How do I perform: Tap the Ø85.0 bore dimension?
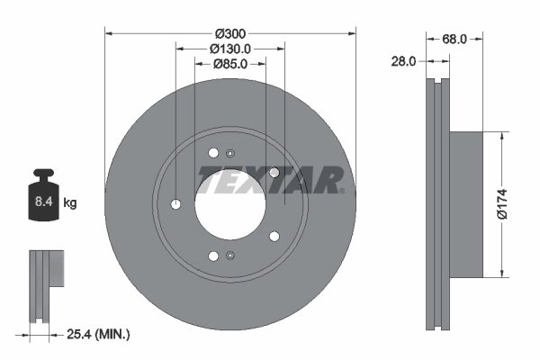230,64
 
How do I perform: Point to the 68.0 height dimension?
454,39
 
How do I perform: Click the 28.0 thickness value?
402,62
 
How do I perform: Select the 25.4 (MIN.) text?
99,335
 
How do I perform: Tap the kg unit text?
70,203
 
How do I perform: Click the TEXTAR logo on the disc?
271,179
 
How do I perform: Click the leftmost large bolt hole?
175,204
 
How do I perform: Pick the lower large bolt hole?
213,256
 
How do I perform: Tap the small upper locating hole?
230,151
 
